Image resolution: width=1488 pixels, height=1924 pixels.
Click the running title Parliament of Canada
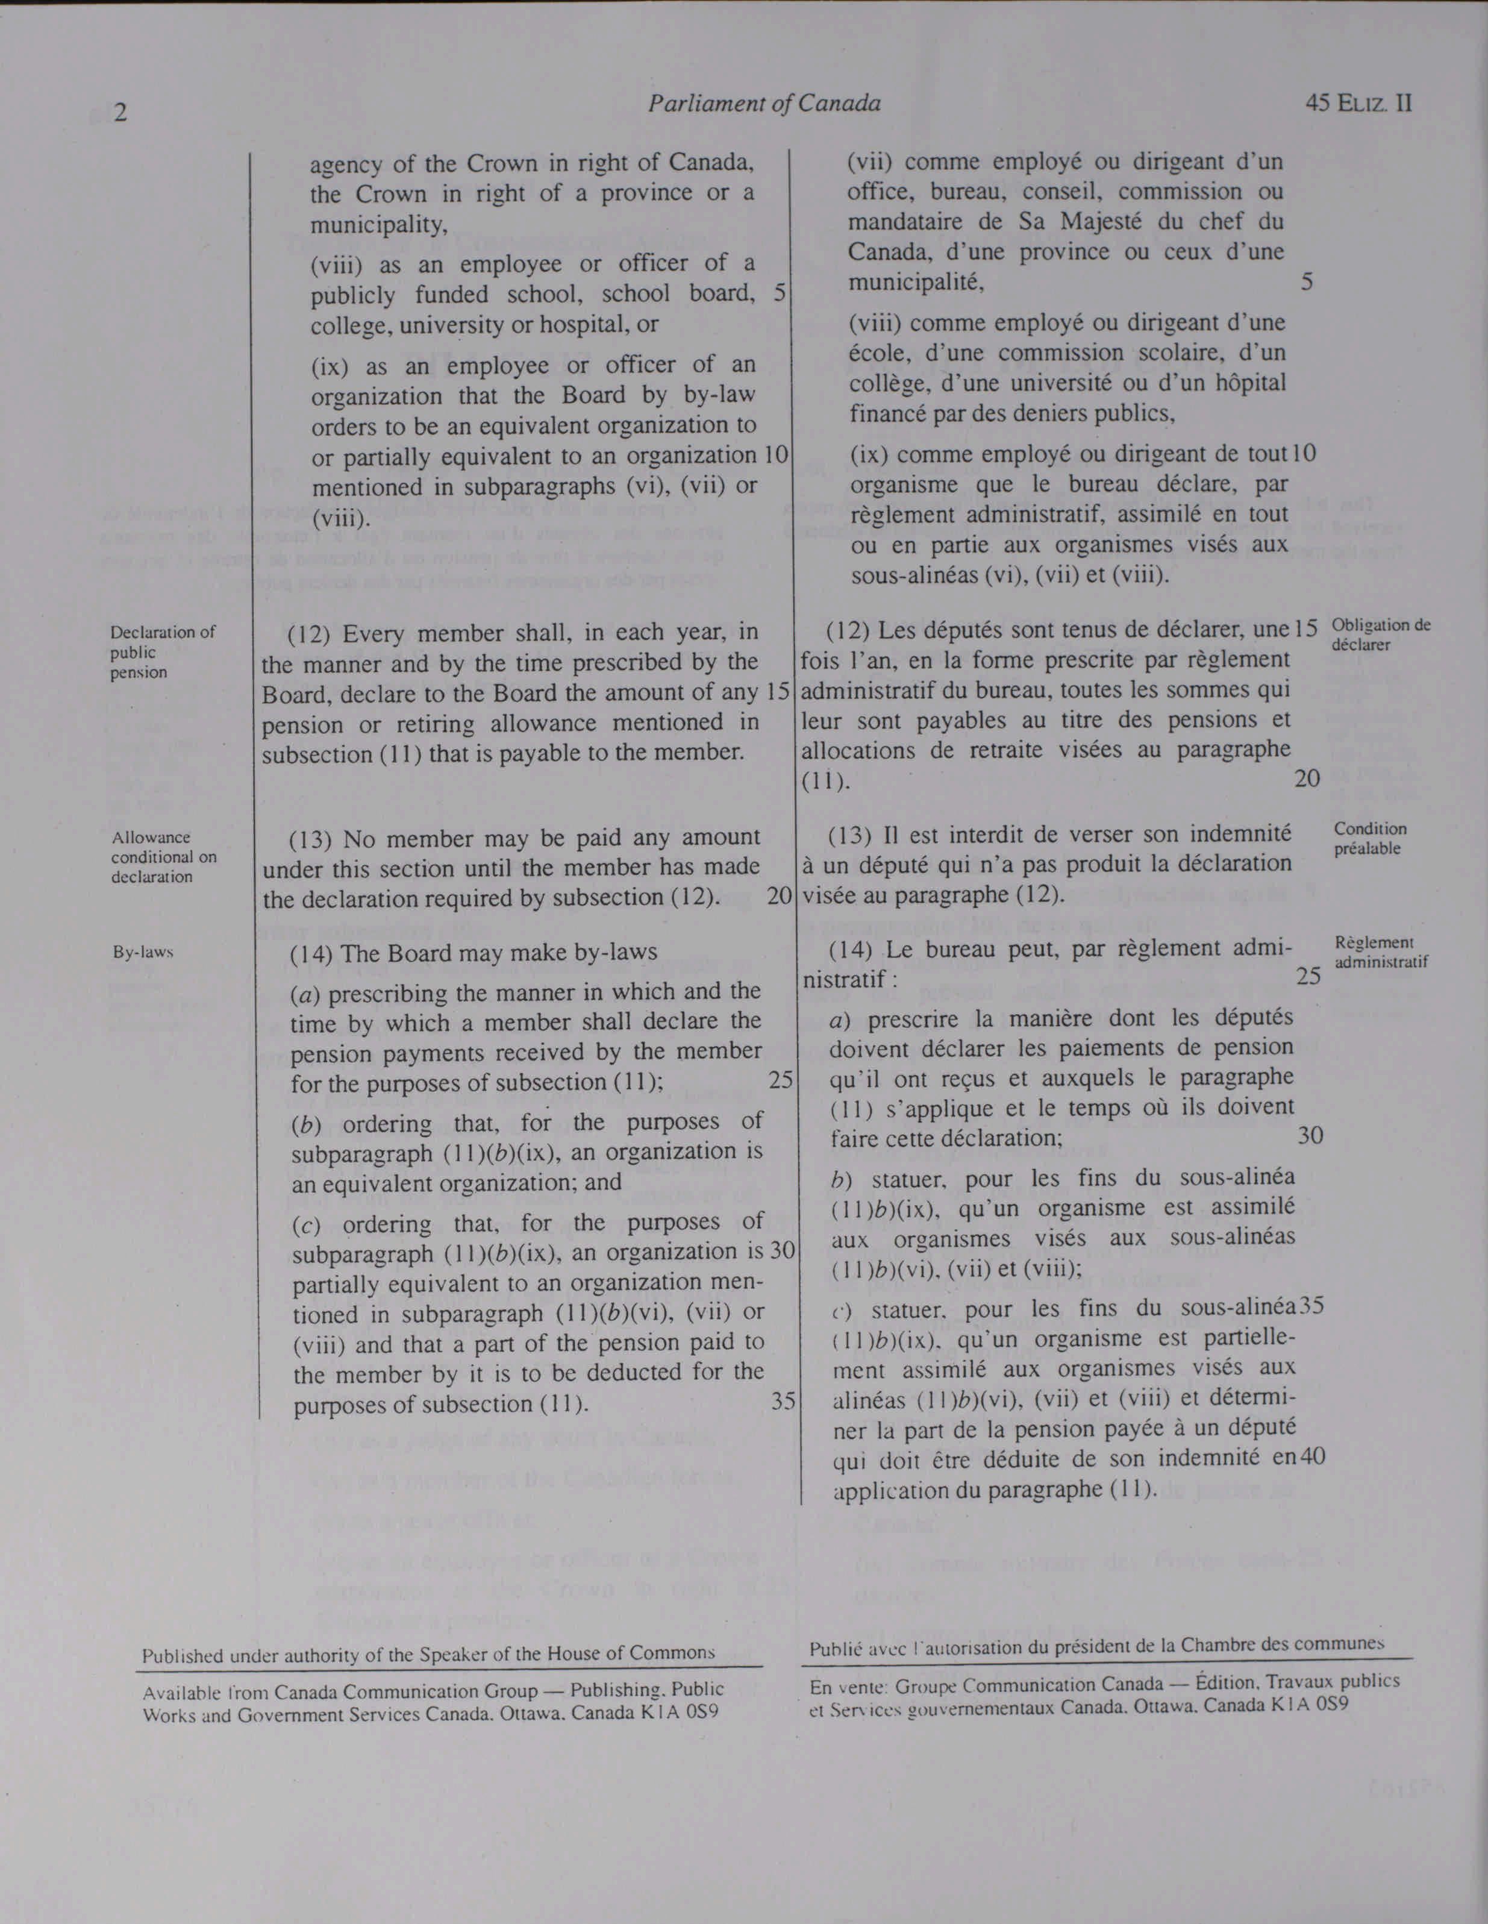[x=764, y=104]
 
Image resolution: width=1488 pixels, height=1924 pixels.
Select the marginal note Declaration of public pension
[x=162, y=652]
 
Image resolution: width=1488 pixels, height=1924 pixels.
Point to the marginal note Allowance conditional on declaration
[x=163, y=856]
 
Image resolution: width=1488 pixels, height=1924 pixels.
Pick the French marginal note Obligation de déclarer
[x=1381, y=635]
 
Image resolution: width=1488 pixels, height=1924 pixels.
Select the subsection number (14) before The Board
[x=311, y=953]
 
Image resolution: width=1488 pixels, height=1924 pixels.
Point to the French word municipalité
[x=914, y=283]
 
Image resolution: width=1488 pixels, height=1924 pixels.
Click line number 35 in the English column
[x=783, y=1401]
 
